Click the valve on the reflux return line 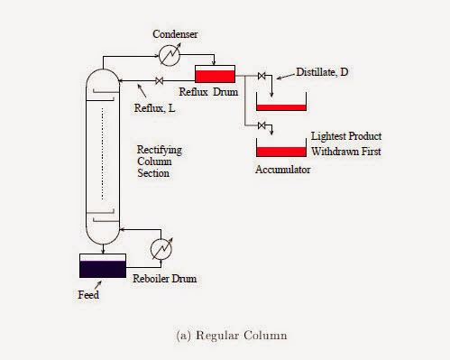click(x=160, y=82)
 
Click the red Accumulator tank click(x=280, y=150)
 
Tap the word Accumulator click(x=282, y=168)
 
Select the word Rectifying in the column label click(x=157, y=148)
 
